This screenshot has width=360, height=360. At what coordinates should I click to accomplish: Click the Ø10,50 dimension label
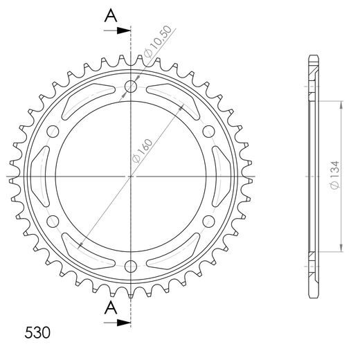[158, 42]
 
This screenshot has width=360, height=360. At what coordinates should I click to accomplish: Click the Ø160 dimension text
[142, 151]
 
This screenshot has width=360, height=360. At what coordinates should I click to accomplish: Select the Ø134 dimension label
[334, 175]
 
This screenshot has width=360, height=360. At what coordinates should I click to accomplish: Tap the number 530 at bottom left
[37, 332]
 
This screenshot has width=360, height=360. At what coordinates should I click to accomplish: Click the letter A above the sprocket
[111, 16]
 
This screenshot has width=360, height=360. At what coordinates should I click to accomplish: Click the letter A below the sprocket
[111, 308]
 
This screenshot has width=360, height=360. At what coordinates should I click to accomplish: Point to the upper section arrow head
[124, 30]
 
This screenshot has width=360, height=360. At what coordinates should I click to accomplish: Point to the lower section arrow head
[124, 323]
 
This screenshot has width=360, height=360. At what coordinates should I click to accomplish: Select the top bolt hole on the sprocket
[131, 87]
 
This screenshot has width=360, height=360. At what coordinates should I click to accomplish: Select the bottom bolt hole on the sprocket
[131, 267]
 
